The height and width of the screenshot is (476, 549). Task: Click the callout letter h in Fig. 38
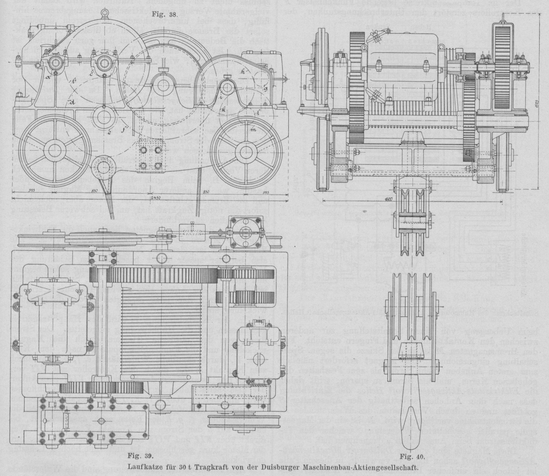242,72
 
